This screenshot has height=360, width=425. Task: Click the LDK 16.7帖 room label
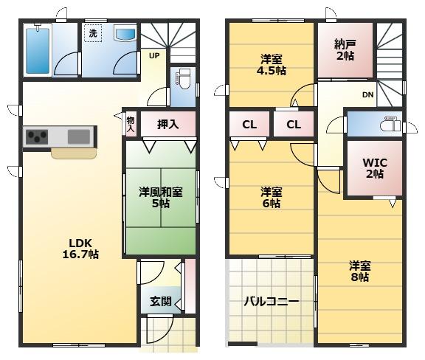pos(80,249)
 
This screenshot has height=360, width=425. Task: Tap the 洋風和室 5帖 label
pos(161,198)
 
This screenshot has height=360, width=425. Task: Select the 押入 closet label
pos(167,124)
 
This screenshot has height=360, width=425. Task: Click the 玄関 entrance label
pos(161,301)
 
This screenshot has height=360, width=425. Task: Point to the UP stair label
pos(154,56)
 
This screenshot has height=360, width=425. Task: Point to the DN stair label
pos(367,94)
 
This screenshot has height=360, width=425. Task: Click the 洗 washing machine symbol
pos(93,33)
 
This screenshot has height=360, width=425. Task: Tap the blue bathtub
pos(38,51)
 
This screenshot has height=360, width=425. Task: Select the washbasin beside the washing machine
pos(125,34)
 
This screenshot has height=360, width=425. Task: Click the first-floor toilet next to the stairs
pos(184,78)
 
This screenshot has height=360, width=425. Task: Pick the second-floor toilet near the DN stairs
pos(390,124)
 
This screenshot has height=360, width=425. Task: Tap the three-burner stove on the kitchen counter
pos(37,137)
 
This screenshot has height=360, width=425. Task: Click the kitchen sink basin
pos(79,137)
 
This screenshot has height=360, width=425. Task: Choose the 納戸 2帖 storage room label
pos(345,50)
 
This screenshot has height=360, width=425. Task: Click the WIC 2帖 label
pos(375,168)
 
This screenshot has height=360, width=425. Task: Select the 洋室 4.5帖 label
pos(272,65)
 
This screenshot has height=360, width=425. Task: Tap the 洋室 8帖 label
pos(359,271)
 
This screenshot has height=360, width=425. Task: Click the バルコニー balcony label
pos(272,301)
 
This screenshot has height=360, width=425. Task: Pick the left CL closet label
pos(249,125)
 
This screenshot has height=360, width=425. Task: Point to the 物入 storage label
pos(131,125)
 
